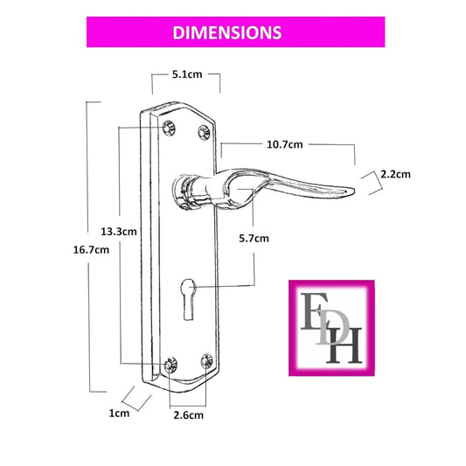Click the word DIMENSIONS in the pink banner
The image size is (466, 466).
(x=227, y=32)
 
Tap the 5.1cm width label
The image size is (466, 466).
(x=187, y=74)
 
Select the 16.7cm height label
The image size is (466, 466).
(x=91, y=250)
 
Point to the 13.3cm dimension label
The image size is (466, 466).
(x=119, y=231)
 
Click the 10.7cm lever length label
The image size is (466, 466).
(x=285, y=144)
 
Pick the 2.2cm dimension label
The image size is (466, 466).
(x=395, y=174)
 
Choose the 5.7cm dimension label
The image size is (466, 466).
(x=254, y=239)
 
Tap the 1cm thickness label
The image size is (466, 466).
(x=119, y=413)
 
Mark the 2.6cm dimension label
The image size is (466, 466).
(x=189, y=415)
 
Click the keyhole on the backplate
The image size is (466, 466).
(x=188, y=299)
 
